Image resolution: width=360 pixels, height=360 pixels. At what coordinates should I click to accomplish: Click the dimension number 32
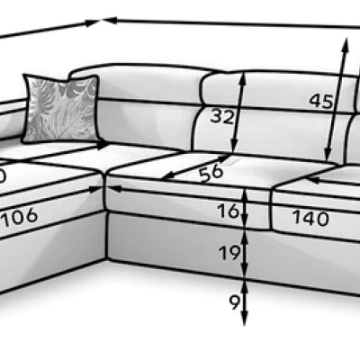click(x=221, y=116)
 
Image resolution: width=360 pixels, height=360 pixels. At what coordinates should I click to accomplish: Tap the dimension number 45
click(x=321, y=101)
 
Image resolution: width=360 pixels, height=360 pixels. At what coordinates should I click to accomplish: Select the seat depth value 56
click(x=211, y=173)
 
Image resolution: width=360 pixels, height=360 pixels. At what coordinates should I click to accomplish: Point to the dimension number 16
click(x=229, y=211)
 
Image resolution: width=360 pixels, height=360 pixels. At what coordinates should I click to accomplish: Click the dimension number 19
click(x=229, y=252)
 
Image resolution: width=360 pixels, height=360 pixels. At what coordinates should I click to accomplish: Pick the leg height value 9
click(x=235, y=302)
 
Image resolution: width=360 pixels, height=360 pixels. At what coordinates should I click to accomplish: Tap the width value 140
click(x=310, y=218)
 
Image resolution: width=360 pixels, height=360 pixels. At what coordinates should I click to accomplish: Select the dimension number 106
click(x=20, y=216)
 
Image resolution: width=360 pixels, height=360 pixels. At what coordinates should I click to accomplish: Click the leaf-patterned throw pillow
click(x=61, y=108)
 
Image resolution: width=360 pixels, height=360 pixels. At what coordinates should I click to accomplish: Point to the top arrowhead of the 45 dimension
click(x=346, y=44)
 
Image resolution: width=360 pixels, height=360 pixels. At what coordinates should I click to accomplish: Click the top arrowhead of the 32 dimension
click(x=243, y=77)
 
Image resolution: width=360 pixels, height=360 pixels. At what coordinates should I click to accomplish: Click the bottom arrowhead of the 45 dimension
click(x=328, y=155)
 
